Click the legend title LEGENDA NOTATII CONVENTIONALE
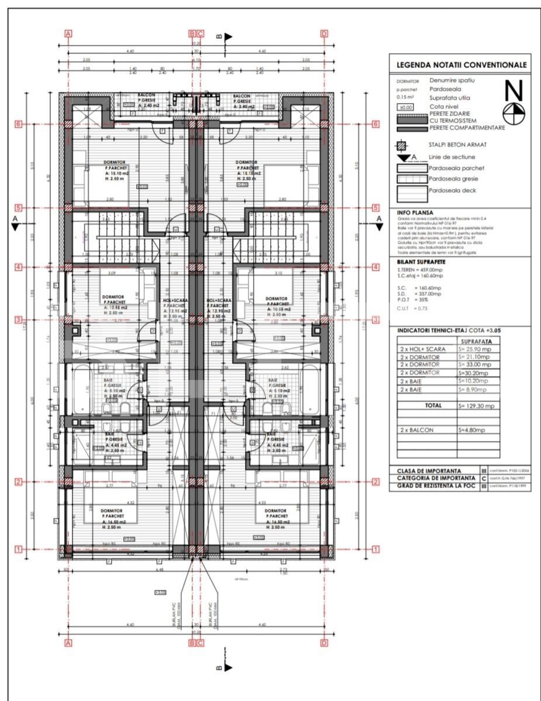point(461,65)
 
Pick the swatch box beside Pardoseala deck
point(412,190)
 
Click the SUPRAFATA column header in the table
point(480,340)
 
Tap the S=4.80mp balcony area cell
point(473,430)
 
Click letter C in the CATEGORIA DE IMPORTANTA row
point(484,478)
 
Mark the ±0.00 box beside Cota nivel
point(405,107)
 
